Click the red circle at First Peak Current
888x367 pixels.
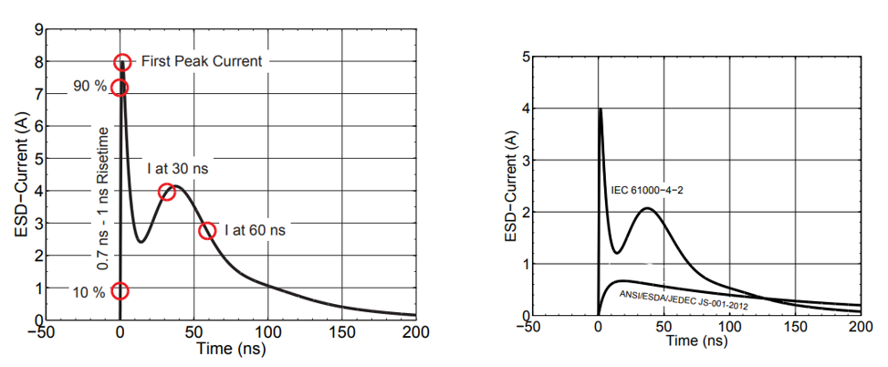[122, 62]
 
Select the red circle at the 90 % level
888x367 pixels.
[119, 88]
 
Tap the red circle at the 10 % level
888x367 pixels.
[120, 291]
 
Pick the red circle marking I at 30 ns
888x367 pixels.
[166, 192]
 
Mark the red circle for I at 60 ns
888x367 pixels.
[208, 231]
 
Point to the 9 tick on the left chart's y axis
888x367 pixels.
[39, 30]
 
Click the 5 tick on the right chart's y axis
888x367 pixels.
[525, 57]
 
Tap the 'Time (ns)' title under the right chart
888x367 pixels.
[696, 341]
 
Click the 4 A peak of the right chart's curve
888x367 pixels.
[600, 109]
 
